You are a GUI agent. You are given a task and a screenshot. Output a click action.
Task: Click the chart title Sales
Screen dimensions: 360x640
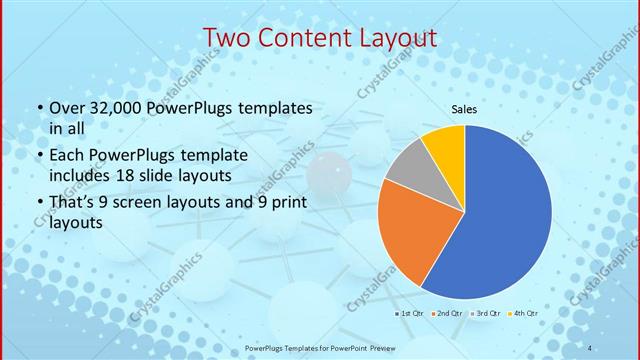point(464,109)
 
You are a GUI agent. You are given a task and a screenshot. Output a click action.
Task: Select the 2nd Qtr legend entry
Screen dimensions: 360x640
point(447,314)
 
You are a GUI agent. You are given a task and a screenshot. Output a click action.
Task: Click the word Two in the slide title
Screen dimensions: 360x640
point(229,38)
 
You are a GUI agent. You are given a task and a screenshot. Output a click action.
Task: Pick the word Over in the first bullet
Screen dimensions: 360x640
point(66,108)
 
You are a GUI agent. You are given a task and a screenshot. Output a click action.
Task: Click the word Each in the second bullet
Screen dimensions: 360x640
point(67,156)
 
